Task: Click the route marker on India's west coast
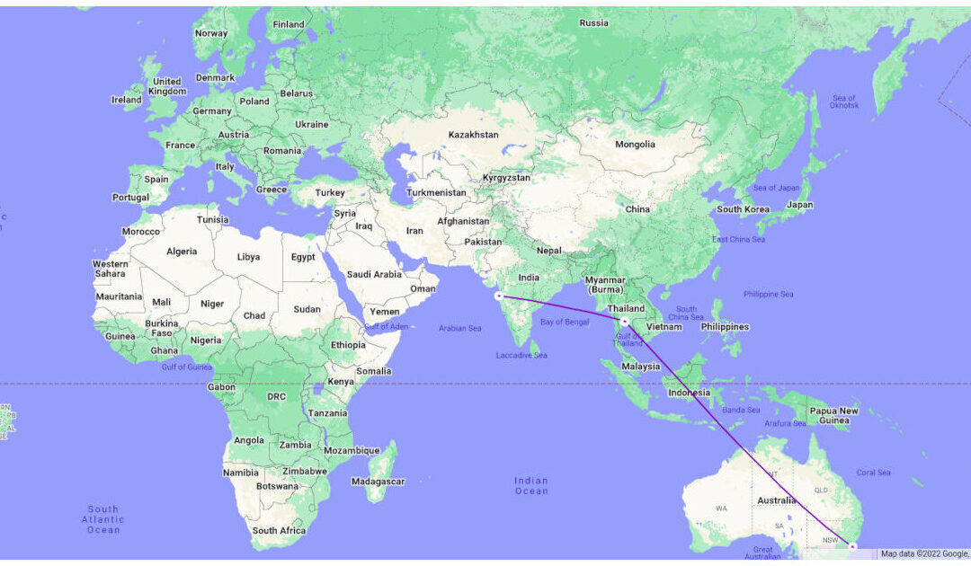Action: click(497, 296)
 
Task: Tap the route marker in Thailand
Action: click(624, 321)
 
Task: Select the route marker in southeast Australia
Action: click(852, 545)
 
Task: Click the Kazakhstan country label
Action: click(473, 135)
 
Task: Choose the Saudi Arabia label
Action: click(374, 274)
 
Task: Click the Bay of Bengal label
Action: click(566, 321)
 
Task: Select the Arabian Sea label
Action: click(459, 328)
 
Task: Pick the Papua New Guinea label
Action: click(835, 416)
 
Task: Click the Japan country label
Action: click(799, 205)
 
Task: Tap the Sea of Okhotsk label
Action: click(845, 102)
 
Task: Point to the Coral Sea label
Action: click(873, 473)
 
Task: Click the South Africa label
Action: click(279, 531)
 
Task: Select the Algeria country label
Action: click(182, 252)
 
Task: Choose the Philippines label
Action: click(725, 327)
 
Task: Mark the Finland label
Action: click(289, 24)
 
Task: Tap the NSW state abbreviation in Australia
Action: click(831, 540)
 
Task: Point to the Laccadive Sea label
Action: click(521, 356)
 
